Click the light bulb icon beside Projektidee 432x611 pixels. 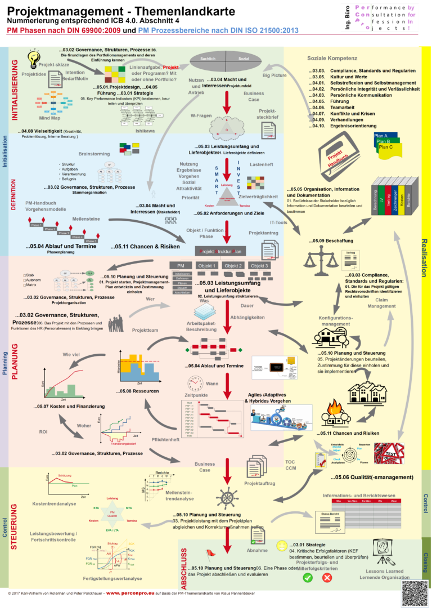(x=34, y=58)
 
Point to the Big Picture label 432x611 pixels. (x=274, y=75)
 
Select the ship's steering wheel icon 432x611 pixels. (x=227, y=498)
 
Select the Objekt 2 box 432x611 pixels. (x=233, y=265)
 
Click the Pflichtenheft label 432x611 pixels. (x=166, y=439)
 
